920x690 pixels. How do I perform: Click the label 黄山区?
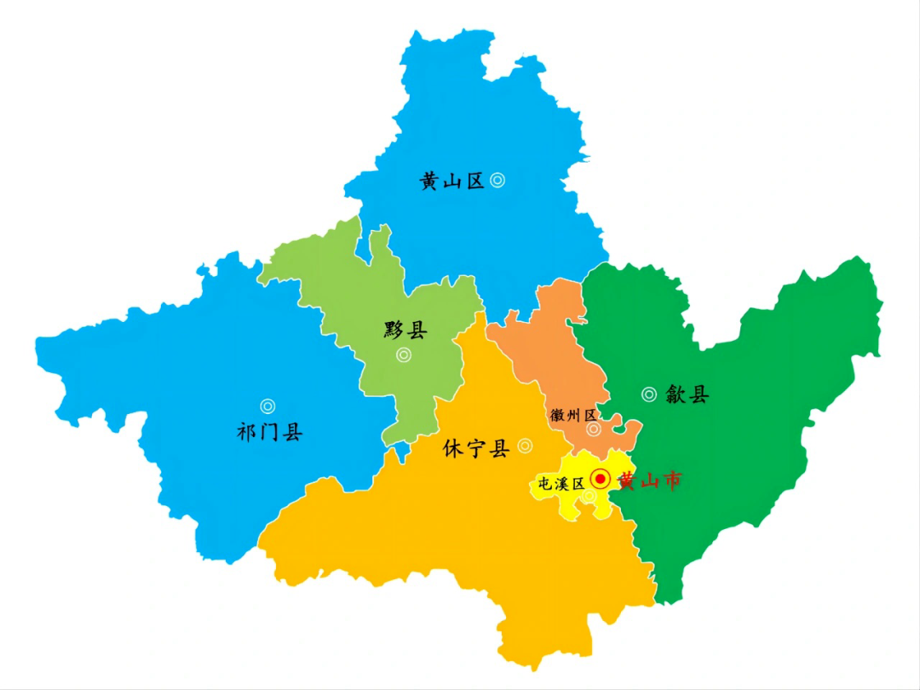[451, 181]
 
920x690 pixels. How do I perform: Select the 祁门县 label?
[269, 432]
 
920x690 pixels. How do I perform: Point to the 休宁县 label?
[475, 448]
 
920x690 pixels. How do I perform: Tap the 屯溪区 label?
[558, 483]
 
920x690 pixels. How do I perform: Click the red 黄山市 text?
[650, 481]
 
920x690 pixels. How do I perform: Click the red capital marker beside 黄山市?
[601, 480]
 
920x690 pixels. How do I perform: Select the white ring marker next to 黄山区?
[497, 180]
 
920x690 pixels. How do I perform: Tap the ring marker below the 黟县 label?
[404, 355]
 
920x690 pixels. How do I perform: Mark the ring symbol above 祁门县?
[267, 406]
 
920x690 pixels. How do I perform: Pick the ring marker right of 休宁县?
[525, 446]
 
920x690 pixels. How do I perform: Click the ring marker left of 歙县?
[649, 394]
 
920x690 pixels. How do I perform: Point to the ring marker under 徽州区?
[594, 429]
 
